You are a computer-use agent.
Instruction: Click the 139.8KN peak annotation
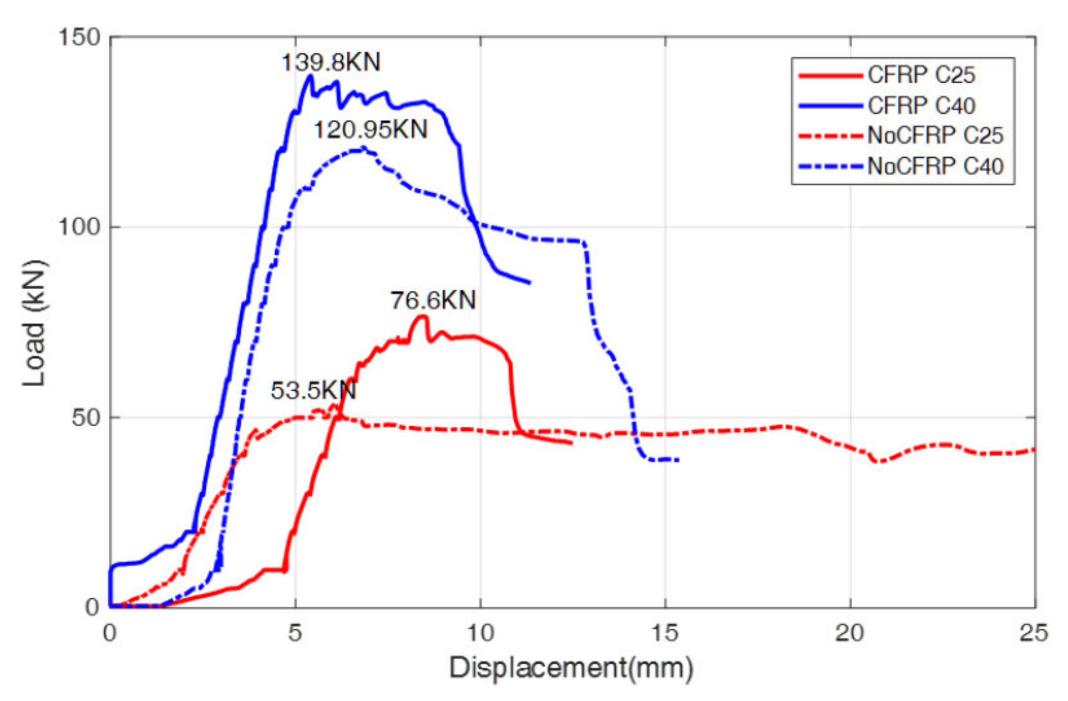coord(331,62)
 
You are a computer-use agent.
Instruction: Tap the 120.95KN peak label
coord(370,130)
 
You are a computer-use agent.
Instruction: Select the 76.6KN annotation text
coord(433,300)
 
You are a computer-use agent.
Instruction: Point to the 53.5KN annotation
coord(313,390)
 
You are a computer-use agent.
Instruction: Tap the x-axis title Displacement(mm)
coord(571,668)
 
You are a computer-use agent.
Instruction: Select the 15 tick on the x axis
coord(666,633)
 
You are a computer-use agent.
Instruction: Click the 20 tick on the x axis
coord(850,633)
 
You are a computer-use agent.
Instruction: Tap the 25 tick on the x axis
coord(1034,633)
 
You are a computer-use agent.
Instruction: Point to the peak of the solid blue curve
coord(310,75)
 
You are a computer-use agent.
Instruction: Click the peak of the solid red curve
coord(423,316)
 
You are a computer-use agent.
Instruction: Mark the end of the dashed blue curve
coord(678,459)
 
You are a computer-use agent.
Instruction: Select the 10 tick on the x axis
coord(481,633)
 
